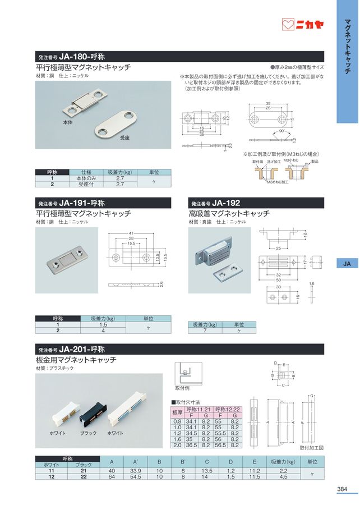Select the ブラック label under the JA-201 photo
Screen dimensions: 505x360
coord(89,433)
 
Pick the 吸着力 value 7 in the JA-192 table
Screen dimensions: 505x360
coord(205,331)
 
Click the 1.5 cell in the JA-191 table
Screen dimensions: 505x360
coord(103,325)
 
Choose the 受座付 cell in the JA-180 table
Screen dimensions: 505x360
coord(86,183)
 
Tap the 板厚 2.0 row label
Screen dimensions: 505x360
coord(177,446)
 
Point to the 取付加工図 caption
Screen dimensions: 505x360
coord(312,447)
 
